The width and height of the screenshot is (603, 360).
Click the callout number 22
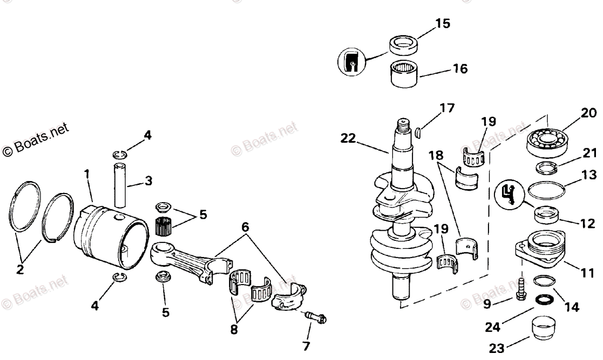[348, 137]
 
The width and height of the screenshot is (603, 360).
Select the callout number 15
[443, 24]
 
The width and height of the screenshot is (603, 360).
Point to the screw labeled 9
[521, 291]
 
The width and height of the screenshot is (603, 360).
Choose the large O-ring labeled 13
[547, 191]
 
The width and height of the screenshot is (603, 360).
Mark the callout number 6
[245, 227]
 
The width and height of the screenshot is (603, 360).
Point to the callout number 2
[21, 269]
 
